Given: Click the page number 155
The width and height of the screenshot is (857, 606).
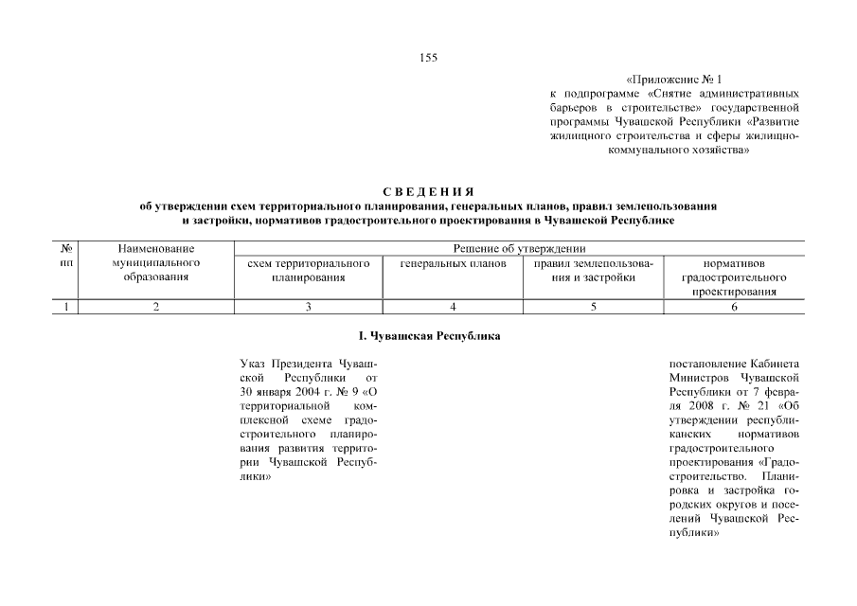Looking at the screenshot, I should [x=428, y=58].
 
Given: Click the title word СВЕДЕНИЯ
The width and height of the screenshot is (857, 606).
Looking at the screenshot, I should [x=428, y=192].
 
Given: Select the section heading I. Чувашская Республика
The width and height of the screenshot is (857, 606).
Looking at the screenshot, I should [x=428, y=336].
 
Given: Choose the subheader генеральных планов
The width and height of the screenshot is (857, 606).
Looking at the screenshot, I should [x=453, y=263].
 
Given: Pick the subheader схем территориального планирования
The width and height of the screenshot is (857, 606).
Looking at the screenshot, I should [x=308, y=270].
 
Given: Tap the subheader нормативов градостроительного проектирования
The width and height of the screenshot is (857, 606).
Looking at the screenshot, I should [x=734, y=277].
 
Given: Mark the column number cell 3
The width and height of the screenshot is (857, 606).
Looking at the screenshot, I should [x=308, y=306].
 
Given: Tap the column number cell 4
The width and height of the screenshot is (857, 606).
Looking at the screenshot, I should [x=453, y=306].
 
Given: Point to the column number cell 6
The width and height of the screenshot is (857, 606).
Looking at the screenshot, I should [x=734, y=306].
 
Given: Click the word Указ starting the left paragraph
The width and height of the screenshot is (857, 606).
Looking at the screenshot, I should [x=254, y=363].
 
